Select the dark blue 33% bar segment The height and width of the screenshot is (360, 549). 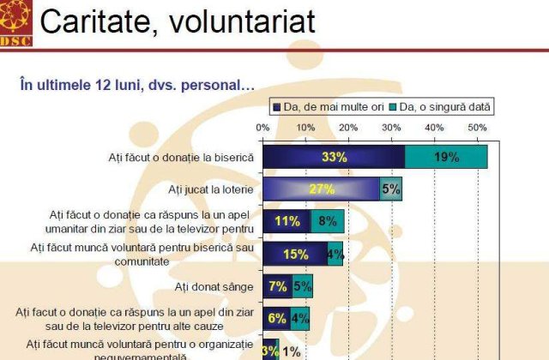[333, 157]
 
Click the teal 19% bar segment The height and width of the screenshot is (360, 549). [446, 157]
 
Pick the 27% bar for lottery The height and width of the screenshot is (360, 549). [321, 189]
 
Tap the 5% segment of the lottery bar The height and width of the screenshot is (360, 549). [390, 189]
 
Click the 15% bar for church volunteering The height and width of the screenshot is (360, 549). [294, 254]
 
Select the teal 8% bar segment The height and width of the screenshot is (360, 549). [327, 221]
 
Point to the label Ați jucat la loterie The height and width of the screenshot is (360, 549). [209, 189]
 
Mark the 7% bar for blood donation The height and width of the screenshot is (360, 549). [277, 285]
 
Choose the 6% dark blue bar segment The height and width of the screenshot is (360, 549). [275, 318]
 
